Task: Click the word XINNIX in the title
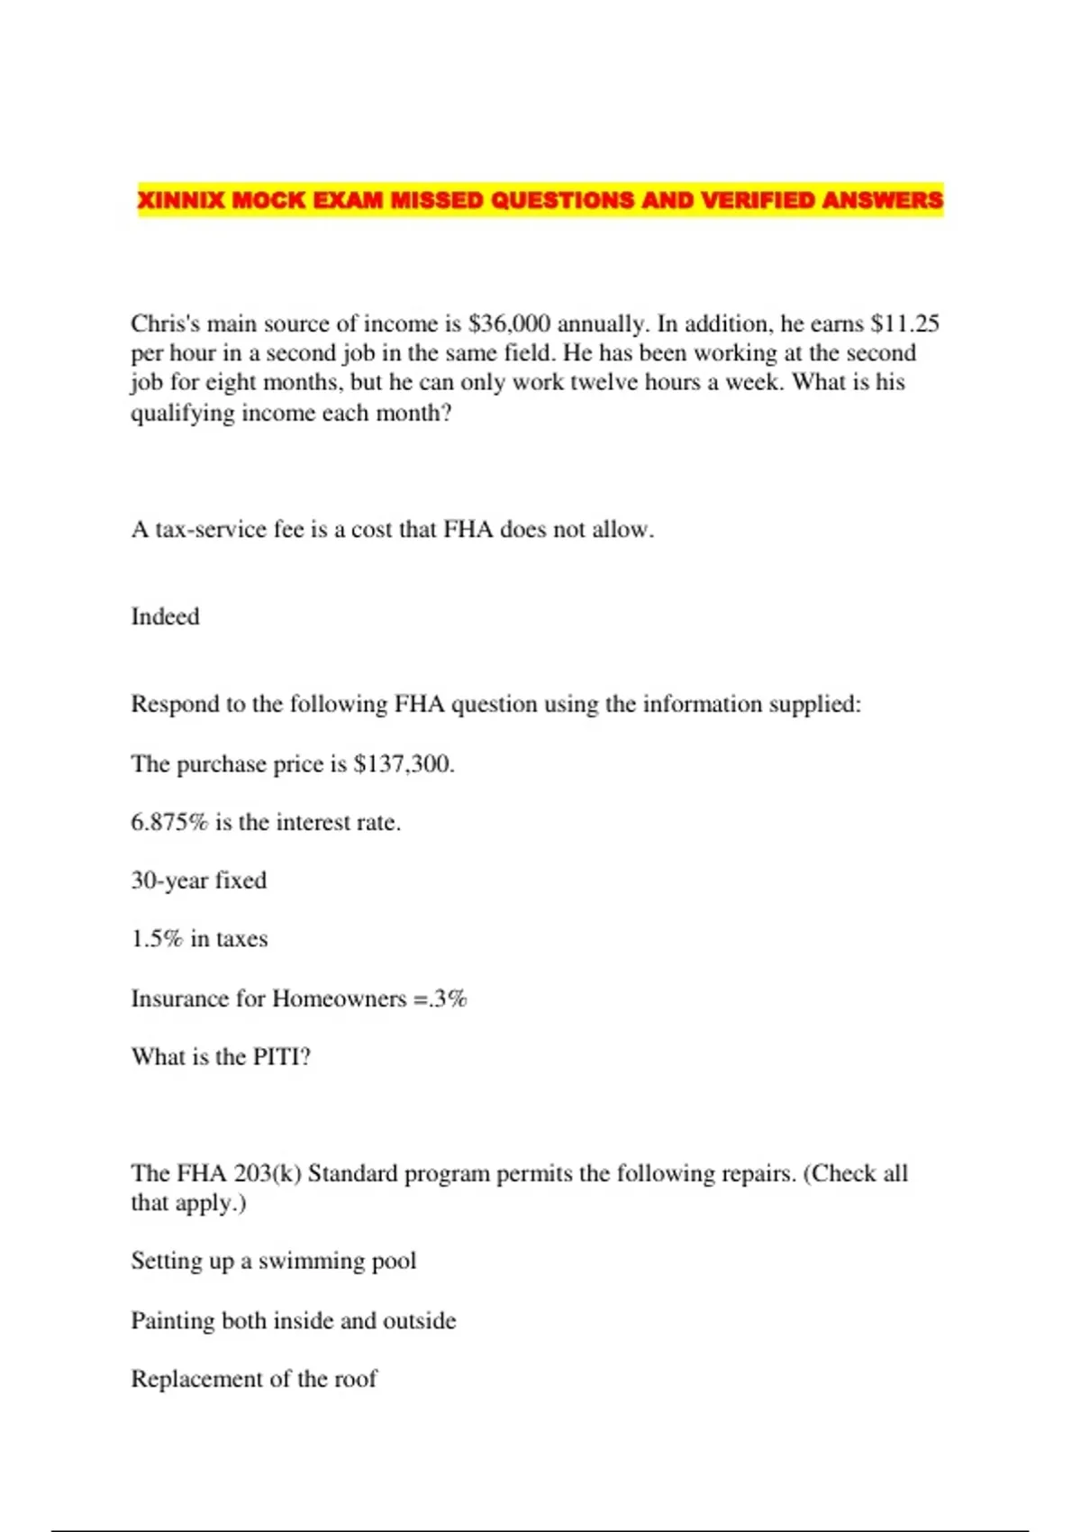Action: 180,199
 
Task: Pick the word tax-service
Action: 212,529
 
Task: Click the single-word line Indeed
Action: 165,616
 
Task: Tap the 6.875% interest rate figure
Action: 169,822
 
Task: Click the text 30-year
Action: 168,880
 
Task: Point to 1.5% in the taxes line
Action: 157,939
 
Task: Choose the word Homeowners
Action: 340,999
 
